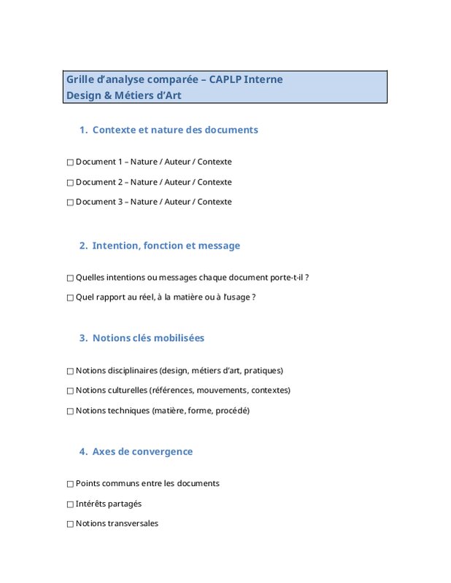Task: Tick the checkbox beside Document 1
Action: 70,163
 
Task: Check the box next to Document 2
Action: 70,182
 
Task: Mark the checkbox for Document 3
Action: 70,203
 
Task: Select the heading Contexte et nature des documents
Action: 175,130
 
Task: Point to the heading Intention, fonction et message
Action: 166,246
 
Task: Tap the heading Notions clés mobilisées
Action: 148,338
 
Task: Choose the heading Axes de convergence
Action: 142,452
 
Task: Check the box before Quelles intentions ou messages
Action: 70,278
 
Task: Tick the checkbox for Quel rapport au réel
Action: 70,297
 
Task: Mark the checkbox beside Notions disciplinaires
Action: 70,371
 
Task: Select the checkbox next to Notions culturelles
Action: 70,391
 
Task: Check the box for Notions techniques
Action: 70,411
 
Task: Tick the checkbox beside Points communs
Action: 70,484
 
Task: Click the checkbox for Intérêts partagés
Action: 70,504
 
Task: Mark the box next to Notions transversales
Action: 70,524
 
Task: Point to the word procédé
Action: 233,411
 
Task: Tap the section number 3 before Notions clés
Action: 82,338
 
